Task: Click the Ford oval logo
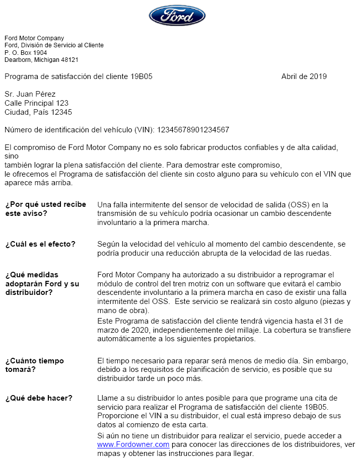coord(177,16)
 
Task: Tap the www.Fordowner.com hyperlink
coord(133,445)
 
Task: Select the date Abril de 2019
coord(304,76)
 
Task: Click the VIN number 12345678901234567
coord(193,130)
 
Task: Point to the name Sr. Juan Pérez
coord(30,94)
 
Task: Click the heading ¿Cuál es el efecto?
coord(40,245)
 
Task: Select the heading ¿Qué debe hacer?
coord(38,398)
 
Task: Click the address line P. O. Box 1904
coord(26,52)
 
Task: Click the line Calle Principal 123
coord(36,103)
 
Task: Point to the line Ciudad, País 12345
coord(38,112)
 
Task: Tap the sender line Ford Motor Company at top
coord(34,38)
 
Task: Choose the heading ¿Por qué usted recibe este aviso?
coord(45,209)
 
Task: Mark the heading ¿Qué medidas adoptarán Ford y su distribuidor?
coord(42,283)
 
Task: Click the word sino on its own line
coord(12,157)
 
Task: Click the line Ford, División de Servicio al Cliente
coord(54,45)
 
